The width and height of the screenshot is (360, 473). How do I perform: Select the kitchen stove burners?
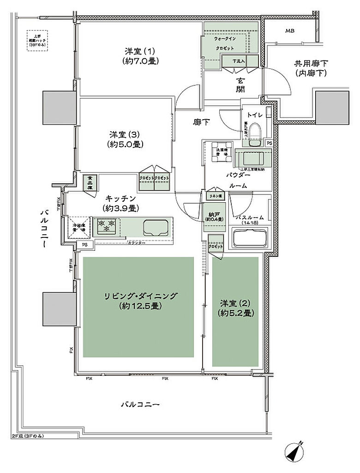pyautogui.click(x=105, y=226)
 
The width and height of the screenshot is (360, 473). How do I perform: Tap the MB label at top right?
pyautogui.click(x=289, y=31)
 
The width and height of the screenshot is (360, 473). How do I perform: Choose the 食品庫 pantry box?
pyautogui.click(x=90, y=182)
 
